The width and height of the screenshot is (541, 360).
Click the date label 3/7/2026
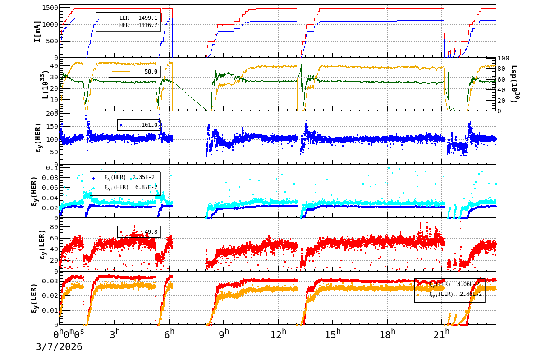point(59,347)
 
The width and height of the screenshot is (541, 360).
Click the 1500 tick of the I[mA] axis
point(48,8)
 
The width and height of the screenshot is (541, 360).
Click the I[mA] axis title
point(37,31)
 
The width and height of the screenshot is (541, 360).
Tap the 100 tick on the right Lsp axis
point(503,59)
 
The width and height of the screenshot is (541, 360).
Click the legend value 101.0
point(149,125)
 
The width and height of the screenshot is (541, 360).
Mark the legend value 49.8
point(151,232)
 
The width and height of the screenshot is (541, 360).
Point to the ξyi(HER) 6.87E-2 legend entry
point(131,187)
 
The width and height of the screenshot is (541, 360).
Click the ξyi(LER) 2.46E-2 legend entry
point(455,294)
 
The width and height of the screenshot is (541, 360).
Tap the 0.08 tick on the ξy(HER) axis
point(50,178)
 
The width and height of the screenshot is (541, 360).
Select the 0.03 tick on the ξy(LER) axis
point(50,281)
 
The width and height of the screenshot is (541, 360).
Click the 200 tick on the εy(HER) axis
point(51,114)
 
